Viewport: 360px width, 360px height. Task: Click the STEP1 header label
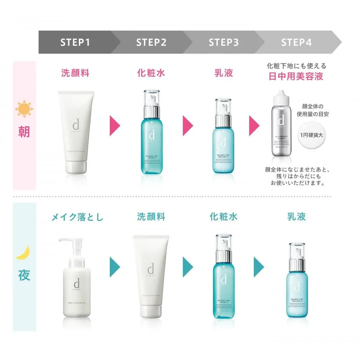point(75,42)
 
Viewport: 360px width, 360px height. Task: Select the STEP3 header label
point(224,42)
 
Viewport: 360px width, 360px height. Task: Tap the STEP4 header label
point(296,42)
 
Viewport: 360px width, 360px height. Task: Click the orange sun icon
point(24,109)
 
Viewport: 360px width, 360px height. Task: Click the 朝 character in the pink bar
point(24,132)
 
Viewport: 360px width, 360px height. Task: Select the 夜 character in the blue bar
point(24,275)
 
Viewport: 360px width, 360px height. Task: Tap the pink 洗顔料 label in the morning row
point(75,73)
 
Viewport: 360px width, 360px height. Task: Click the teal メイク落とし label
point(77,217)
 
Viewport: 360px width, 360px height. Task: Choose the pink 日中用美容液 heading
point(296,76)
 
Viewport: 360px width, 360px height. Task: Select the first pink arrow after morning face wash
point(115,126)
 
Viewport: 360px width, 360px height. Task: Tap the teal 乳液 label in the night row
point(296,216)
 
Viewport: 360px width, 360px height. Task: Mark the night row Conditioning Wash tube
point(151,275)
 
